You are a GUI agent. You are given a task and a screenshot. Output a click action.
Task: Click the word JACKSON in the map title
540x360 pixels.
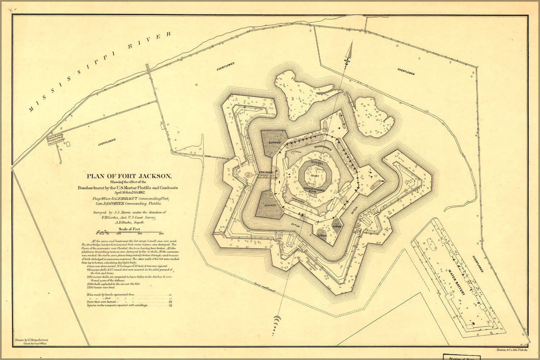pyautogui.click(x=153, y=176)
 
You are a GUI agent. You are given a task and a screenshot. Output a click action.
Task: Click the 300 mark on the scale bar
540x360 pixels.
pyautogui.click(x=161, y=234)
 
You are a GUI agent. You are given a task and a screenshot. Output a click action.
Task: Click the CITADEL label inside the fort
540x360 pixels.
pyautogui.click(x=312, y=163)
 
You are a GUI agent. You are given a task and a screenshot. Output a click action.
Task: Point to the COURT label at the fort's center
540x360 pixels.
pyautogui.click(x=314, y=176)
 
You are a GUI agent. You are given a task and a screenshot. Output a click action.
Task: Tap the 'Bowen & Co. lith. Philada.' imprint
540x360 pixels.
pyautogui.click(x=512, y=350)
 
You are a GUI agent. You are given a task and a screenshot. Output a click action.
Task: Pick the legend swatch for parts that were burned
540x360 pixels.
pyautogui.click(x=170, y=302)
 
